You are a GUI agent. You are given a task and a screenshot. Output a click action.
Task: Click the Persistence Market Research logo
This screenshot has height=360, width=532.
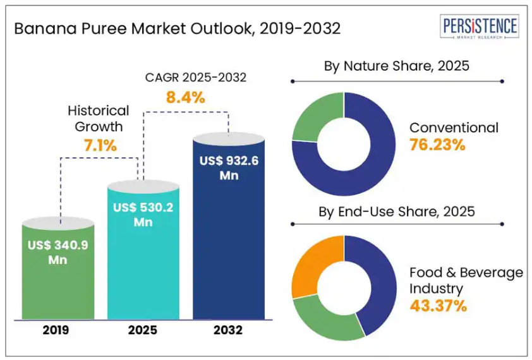[480, 28]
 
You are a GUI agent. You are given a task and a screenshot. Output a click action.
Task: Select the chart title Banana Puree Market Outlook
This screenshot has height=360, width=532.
[177, 29]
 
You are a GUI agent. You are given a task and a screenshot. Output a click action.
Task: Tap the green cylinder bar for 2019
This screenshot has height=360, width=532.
[58, 278]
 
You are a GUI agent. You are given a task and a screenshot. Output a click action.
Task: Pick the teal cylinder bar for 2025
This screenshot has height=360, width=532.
[143, 265]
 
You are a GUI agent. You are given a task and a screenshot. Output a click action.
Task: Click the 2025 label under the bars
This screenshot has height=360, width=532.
[143, 329]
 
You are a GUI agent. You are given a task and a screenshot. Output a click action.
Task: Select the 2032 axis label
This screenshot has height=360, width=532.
[229, 329]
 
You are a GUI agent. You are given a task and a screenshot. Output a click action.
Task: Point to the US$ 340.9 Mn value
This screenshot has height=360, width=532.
[57, 252]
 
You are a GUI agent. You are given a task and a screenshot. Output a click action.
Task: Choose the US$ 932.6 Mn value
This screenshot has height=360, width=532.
[229, 168]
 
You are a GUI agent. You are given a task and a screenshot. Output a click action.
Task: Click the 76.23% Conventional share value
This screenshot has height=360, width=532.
[437, 145]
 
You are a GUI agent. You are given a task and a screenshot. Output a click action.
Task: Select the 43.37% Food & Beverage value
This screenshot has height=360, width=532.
[438, 306]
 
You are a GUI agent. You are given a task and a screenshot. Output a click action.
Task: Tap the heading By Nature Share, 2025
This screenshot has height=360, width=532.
[396, 66]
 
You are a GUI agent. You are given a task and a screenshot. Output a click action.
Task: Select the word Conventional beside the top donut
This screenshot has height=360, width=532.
[454, 128]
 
